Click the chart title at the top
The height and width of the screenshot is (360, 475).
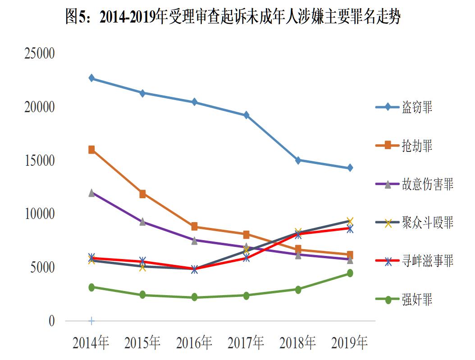tap(233, 17)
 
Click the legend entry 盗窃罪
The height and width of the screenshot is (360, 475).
tap(417, 107)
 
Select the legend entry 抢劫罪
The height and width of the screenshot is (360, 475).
tap(417, 146)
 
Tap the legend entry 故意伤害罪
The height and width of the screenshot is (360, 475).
tap(427, 184)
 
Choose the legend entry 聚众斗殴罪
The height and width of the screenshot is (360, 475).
tap(427, 222)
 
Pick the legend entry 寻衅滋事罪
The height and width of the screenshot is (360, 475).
tap(427, 260)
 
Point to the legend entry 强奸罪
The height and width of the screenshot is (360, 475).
tap(417, 299)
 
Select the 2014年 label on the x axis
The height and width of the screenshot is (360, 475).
tap(91, 343)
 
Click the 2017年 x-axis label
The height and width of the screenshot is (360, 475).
tap(246, 343)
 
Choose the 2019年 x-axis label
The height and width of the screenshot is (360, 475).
tap(349, 343)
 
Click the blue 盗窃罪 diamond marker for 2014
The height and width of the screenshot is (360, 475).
tap(91, 78)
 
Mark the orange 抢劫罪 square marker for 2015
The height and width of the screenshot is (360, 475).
tap(142, 194)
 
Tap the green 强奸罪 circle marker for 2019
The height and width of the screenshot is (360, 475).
tap(350, 273)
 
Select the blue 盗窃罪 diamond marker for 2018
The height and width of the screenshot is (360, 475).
tap(298, 160)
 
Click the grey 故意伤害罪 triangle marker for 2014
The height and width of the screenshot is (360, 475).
tap(91, 193)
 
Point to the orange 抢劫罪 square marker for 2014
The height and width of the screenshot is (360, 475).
tap(91, 150)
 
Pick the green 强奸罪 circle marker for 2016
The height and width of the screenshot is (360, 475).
tap(194, 297)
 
